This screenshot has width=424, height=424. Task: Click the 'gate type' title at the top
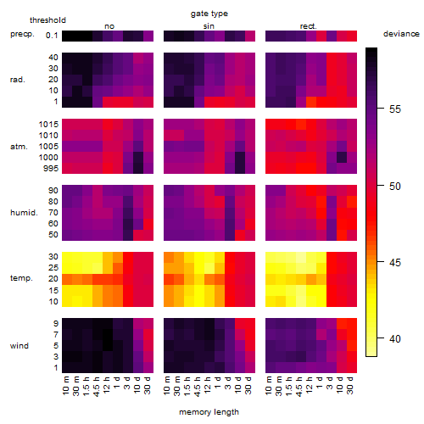[209, 14]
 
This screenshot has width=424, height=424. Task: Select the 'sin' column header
[209, 26]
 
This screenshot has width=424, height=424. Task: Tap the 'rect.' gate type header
[308, 26]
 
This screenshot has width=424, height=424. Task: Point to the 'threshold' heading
[47, 20]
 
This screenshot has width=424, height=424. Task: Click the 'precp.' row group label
[22, 34]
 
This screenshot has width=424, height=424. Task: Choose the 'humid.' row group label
[24, 213]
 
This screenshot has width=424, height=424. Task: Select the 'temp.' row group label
[21, 278]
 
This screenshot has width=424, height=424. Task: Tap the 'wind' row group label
[20, 346]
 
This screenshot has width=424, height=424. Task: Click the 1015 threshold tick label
[48, 125]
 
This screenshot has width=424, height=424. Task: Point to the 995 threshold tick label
[51, 169]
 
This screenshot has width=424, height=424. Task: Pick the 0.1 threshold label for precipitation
[52, 36]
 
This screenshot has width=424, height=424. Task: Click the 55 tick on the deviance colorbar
[395, 109]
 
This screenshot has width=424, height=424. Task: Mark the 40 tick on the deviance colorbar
[395, 338]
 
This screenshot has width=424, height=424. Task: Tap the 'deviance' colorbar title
[401, 34]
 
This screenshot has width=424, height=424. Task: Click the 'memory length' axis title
[209, 412]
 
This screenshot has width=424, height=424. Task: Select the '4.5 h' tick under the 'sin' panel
[198, 386]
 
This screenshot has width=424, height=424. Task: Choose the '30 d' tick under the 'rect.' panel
[350, 385]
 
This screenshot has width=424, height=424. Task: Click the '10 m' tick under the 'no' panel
[65, 385]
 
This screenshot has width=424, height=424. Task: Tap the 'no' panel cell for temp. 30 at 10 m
[67, 257]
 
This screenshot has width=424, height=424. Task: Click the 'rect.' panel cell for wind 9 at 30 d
[352, 324]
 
